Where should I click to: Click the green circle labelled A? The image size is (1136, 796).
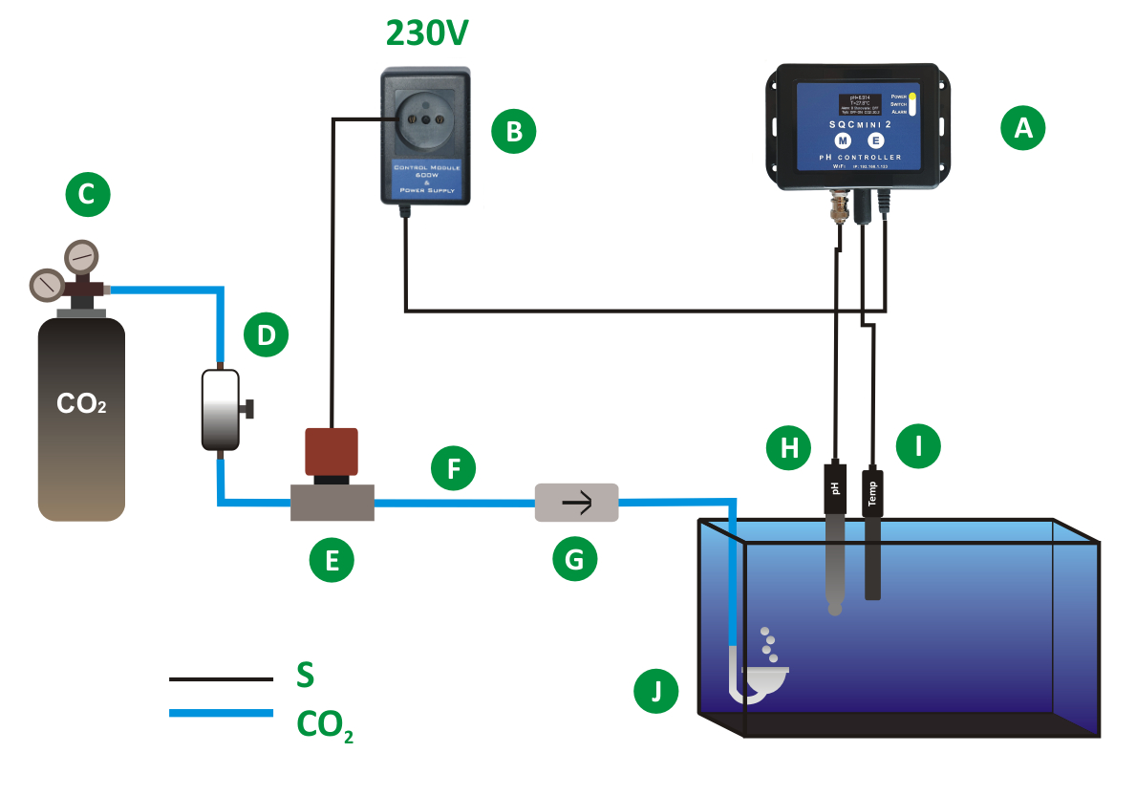click(x=1023, y=128)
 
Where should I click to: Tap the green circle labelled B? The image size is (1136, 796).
click(x=514, y=131)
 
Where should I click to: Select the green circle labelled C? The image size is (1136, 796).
click(x=87, y=195)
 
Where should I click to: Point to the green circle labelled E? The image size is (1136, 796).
click(x=332, y=561)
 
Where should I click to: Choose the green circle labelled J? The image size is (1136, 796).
click(x=656, y=692)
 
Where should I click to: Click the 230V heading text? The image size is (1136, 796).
click(x=427, y=32)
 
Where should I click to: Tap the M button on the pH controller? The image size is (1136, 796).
click(x=844, y=140)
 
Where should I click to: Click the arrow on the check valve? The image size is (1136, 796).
click(x=576, y=501)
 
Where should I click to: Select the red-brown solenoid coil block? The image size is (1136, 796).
click(x=331, y=451)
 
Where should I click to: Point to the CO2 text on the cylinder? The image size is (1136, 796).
click(x=81, y=404)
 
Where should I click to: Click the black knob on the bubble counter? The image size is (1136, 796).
click(x=251, y=410)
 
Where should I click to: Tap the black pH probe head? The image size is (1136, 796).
click(x=836, y=489)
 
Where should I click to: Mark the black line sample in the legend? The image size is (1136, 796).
click(x=221, y=679)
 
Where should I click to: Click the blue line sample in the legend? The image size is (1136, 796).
click(x=221, y=713)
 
